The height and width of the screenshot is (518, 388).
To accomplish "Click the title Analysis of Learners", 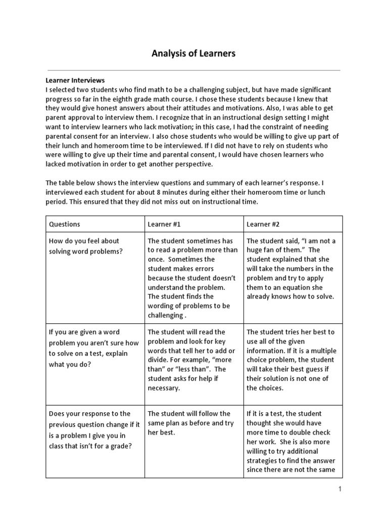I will tap(193, 53).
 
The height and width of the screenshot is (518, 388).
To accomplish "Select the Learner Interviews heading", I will tap(75, 80).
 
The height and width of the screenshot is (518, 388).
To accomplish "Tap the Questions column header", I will tap(64, 224).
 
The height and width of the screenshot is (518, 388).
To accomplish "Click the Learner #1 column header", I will tap(164, 224).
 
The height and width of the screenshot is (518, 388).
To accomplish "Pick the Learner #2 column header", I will tap(263, 224).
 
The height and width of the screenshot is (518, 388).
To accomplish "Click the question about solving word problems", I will tap(85, 246).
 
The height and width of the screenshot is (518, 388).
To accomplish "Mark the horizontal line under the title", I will tap(193, 70).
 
